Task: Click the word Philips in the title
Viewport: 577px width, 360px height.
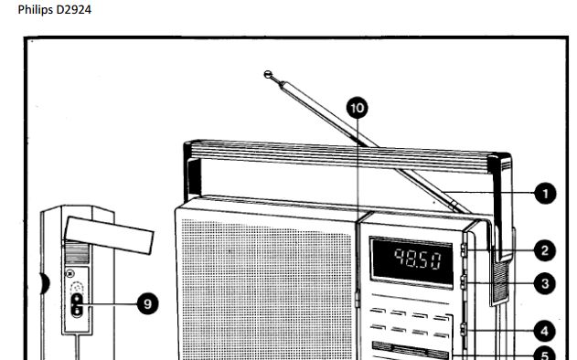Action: click(x=36, y=10)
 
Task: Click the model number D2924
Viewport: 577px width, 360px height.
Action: click(x=73, y=9)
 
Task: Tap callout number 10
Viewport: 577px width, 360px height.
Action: click(x=357, y=108)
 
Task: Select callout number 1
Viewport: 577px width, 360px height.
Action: click(x=545, y=194)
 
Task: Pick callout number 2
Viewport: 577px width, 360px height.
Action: click(x=545, y=250)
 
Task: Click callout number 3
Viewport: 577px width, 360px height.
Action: click(x=545, y=283)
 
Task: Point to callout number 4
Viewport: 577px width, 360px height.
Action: click(x=545, y=331)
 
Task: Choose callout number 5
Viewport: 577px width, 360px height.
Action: click(x=545, y=355)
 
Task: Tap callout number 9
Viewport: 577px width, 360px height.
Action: click(x=147, y=303)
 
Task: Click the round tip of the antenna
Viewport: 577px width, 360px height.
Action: click(x=268, y=74)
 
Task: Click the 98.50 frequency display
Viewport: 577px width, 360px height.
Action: click(x=411, y=261)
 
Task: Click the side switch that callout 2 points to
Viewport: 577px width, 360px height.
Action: click(x=463, y=250)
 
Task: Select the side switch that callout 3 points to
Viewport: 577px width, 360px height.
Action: click(x=463, y=282)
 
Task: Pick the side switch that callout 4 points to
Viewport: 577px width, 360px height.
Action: click(x=463, y=330)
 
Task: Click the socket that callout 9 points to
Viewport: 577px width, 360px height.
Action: click(x=77, y=305)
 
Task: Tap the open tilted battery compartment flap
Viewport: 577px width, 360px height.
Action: click(x=109, y=235)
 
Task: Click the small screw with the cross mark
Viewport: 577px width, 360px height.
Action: click(x=69, y=273)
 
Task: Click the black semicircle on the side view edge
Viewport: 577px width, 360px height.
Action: click(x=45, y=283)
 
